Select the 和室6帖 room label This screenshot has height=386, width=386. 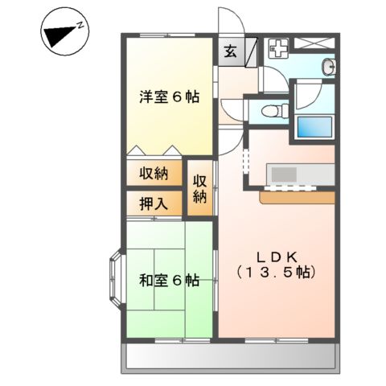pos(168,281)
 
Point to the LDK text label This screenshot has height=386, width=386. pos(277,257)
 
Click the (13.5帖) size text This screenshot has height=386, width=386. pos(277,273)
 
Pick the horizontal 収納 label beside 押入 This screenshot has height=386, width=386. pos(154,174)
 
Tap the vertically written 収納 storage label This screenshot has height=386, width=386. pos(200,188)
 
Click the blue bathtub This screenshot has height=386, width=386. pos(314,126)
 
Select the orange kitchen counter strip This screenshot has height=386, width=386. pos(298,197)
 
